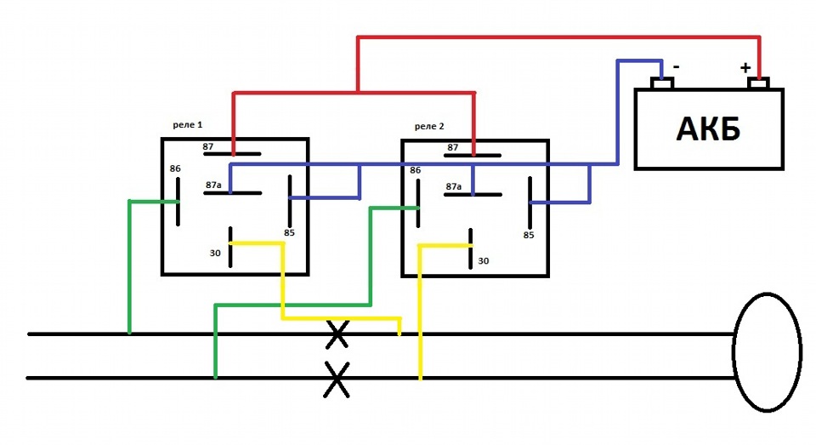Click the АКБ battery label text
(708, 128)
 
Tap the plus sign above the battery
(745, 68)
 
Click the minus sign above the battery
(677, 66)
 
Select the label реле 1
(187, 125)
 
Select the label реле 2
(429, 127)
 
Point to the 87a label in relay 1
(213, 185)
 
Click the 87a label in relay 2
(454, 186)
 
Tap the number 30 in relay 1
(215, 254)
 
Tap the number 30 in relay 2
(484, 261)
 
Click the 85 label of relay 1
(289, 233)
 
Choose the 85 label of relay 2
(529, 236)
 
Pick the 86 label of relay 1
(175, 168)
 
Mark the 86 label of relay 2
(416, 170)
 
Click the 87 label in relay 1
(208, 147)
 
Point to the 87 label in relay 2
(453, 147)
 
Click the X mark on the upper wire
(337, 334)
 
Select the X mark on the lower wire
(337, 379)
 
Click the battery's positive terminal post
(758, 83)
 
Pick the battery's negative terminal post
(662, 83)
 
